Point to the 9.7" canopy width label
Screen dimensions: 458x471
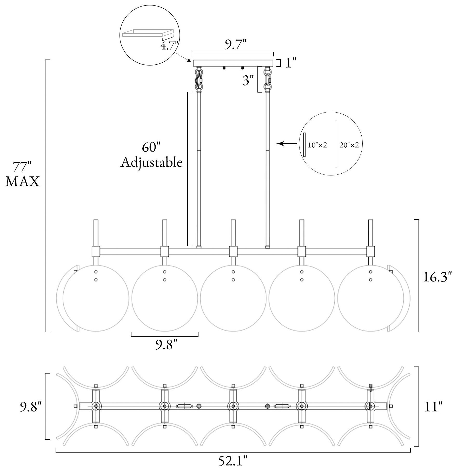point(233,45)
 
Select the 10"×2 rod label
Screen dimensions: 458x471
point(317,145)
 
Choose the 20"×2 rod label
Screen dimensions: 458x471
point(349,145)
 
